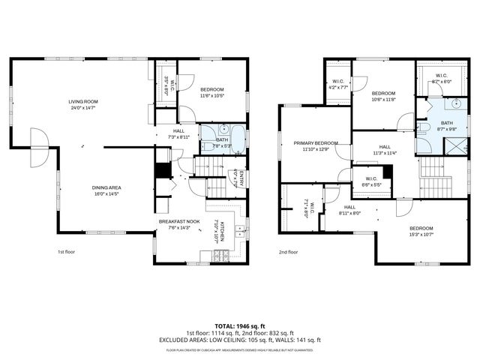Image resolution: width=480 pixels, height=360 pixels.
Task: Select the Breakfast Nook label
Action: [178, 221]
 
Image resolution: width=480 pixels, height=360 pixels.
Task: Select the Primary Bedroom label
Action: [315, 142]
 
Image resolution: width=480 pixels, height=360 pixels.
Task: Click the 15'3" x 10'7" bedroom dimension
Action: [420, 235]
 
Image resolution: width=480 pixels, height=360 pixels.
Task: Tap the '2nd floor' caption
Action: [288, 252]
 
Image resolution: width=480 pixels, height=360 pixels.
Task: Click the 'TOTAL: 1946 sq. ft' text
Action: [241, 326]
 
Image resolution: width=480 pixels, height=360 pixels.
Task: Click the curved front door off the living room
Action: [38, 141]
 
